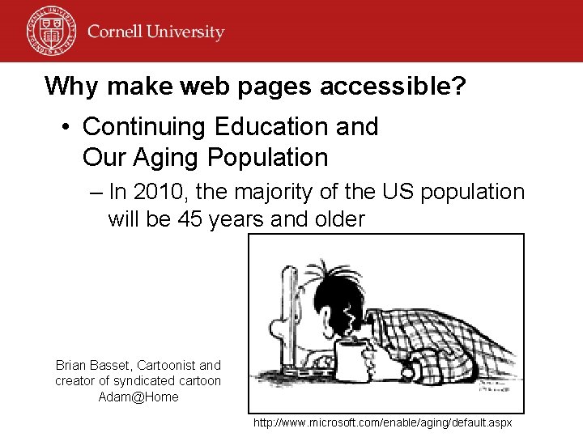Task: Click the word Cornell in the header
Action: coord(117,32)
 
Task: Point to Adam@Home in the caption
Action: coord(138,397)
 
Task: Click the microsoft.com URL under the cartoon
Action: coord(382,423)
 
